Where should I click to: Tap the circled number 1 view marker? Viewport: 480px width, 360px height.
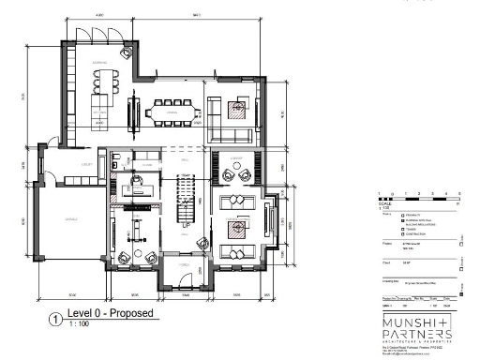click(55, 318)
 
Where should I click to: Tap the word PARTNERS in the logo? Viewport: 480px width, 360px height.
click(416, 336)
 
